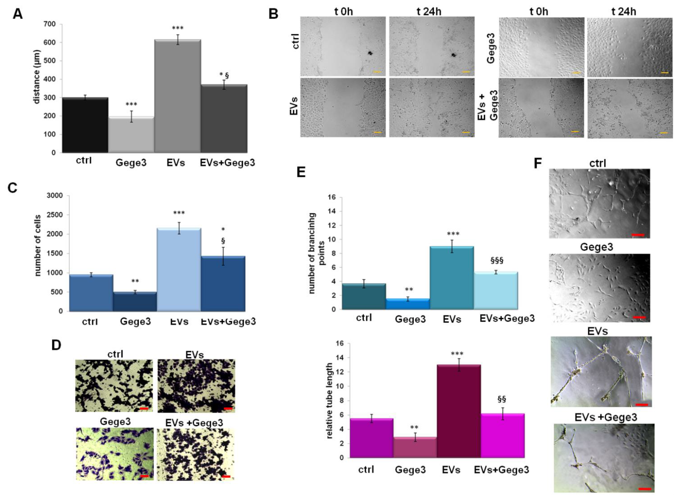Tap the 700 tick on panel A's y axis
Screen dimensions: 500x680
click(50, 24)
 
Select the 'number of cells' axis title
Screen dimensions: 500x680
click(38, 245)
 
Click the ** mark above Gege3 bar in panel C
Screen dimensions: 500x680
click(135, 281)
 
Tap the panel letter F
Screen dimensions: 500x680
click(538, 164)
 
